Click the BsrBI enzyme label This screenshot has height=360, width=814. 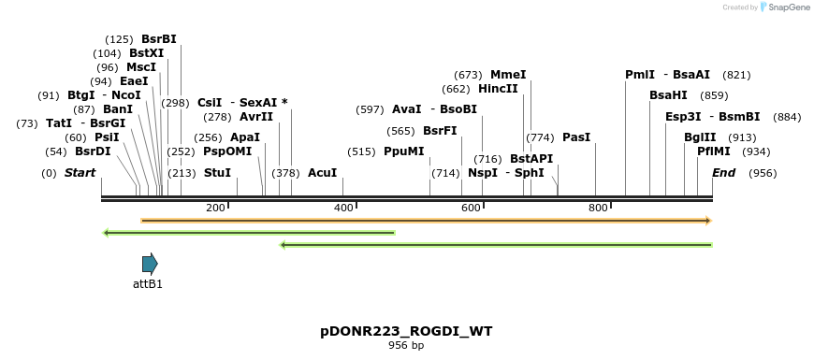(x=158, y=39)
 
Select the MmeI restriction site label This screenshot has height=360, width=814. (x=508, y=75)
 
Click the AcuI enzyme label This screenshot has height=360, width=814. (x=322, y=173)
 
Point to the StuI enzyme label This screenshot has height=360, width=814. (x=216, y=173)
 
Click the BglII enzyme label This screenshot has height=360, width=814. (x=700, y=137)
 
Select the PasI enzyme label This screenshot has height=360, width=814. (x=576, y=137)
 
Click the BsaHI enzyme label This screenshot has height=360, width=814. (x=668, y=95)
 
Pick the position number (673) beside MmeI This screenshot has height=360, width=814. (x=468, y=75)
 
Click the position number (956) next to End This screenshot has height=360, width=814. (x=763, y=173)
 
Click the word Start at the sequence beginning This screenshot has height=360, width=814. (x=80, y=173)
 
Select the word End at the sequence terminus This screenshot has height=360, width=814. (x=723, y=173)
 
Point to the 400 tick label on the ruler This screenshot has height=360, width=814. (x=344, y=208)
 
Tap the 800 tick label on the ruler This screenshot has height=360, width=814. (x=599, y=208)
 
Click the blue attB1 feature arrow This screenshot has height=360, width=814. (x=150, y=264)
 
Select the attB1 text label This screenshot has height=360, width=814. (x=148, y=283)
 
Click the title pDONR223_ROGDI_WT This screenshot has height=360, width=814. (x=406, y=331)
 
